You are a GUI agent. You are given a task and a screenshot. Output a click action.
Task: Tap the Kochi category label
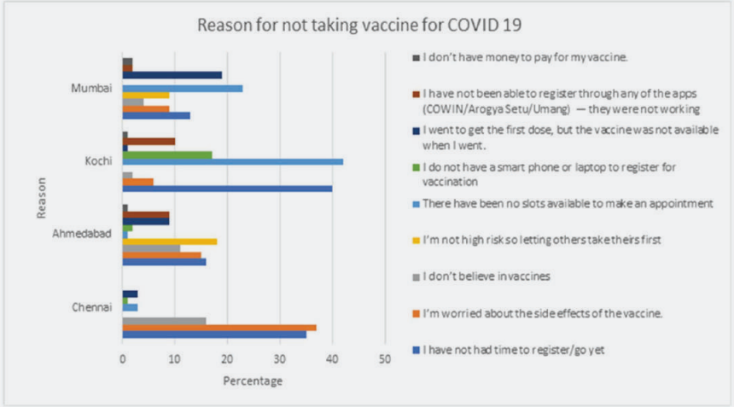click(101, 160)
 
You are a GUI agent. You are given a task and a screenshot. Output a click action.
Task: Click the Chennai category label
click(94, 307)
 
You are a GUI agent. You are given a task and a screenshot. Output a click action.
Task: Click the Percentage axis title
click(253, 381)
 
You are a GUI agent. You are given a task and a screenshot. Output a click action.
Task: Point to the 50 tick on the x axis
click(384, 360)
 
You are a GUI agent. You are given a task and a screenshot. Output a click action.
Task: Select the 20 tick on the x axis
click(227, 360)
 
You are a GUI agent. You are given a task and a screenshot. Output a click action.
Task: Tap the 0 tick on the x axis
click(123, 360)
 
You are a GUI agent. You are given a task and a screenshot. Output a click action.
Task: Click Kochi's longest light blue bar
click(232, 161)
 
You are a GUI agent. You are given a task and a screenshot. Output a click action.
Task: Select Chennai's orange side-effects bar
click(219, 328)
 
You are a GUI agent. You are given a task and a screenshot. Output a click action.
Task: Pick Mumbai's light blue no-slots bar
click(183, 88)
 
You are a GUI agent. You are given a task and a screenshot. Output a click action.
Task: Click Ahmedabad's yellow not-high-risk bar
click(170, 241)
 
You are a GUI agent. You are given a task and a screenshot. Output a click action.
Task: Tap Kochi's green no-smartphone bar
click(167, 154)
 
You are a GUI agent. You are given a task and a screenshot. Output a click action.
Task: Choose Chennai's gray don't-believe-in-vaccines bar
click(164, 321)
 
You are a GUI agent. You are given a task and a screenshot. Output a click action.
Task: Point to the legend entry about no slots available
click(562, 204)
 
